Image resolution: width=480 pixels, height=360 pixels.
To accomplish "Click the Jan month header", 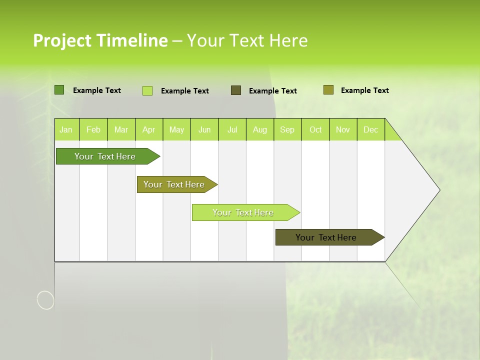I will [x=66, y=129].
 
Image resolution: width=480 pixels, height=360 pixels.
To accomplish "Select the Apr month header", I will [x=149, y=129].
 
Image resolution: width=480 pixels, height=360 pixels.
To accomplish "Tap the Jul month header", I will [x=232, y=129].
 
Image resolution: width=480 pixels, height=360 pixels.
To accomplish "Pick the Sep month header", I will [x=287, y=129].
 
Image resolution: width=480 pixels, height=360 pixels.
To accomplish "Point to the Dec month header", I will [x=370, y=129].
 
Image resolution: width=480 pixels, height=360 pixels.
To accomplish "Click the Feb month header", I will [x=93, y=129].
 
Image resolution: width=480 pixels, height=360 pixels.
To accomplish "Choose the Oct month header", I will [x=315, y=129].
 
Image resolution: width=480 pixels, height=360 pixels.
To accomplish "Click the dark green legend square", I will [x=59, y=90].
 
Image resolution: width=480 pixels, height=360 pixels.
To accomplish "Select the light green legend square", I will [x=147, y=90].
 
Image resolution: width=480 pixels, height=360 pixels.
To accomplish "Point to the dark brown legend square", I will [x=236, y=90].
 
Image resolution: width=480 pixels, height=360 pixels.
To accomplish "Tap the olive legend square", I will [x=328, y=90].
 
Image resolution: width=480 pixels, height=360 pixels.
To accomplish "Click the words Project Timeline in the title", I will [x=100, y=40].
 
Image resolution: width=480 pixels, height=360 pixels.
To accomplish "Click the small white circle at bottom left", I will [x=45, y=300].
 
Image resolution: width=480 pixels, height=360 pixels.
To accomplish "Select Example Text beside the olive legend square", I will [x=364, y=90].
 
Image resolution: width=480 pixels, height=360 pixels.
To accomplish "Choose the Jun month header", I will [x=204, y=129].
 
